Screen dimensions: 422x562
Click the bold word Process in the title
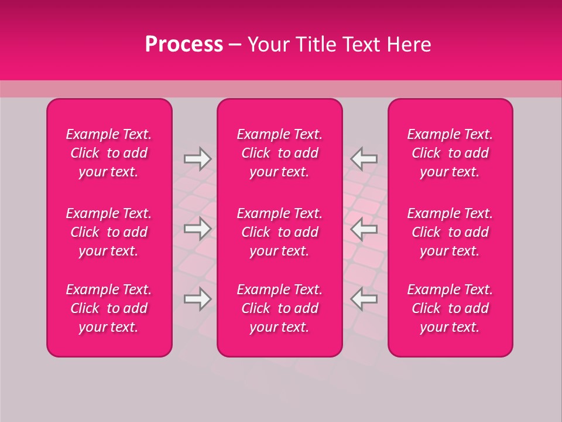click(184, 45)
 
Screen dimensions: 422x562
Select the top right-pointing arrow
click(197, 159)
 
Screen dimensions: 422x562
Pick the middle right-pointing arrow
click(197, 229)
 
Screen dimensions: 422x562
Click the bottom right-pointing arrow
click(197, 299)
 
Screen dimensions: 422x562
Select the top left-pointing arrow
click(364, 159)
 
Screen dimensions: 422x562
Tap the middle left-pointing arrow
click(364, 229)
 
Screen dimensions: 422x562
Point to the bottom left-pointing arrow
click(364, 299)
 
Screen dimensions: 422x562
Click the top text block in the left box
click(109, 153)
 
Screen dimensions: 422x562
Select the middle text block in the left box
click(109, 232)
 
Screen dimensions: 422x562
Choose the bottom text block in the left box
click(109, 308)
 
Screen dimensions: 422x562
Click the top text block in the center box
click(280, 153)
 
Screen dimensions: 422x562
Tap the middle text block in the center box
click(280, 232)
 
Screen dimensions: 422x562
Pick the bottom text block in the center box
click(280, 308)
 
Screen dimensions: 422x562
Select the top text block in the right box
click(450, 153)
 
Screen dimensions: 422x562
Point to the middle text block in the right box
click(450, 232)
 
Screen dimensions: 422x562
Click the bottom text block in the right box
click(450, 308)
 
